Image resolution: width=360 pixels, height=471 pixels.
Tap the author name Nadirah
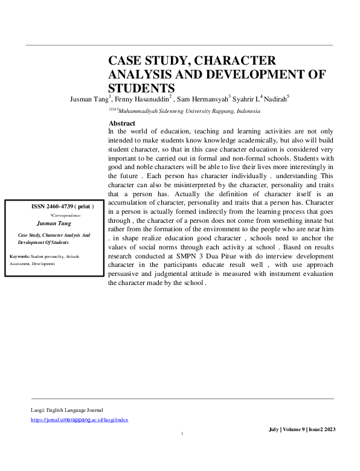coord(275,98)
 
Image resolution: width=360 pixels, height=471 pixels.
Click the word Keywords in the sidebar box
coord(21,257)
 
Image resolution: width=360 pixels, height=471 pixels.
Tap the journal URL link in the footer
coord(79,420)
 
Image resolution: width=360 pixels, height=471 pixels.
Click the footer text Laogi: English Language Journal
coord(66,410)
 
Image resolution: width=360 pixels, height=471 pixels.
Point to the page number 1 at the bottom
coord(182,434)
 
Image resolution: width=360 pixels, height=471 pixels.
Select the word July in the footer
coord(274,429)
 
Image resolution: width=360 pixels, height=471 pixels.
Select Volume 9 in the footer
coord(294,429)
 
